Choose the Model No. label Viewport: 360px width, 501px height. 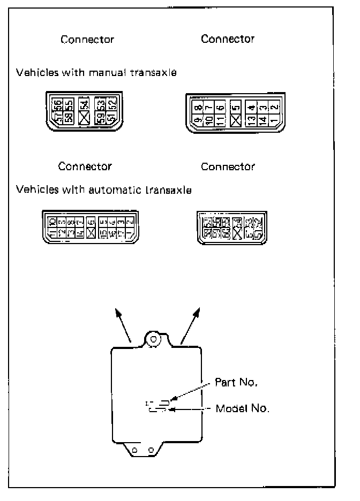coord(242,408)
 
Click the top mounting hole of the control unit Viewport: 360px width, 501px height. coord(154,339)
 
